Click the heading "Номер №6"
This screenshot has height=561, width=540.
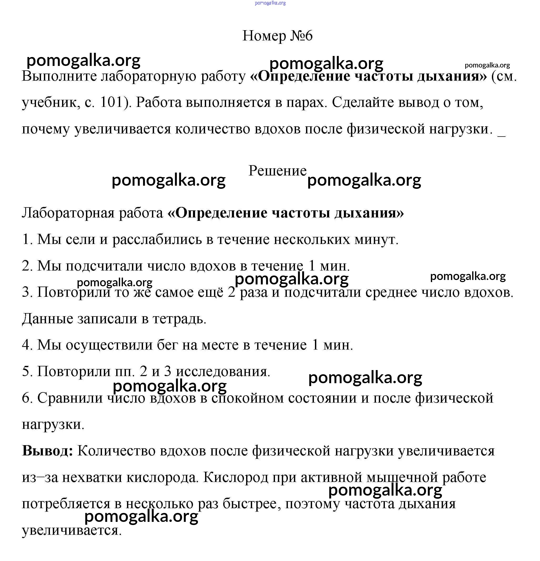point(277,36)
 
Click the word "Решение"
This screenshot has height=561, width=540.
point(277,171)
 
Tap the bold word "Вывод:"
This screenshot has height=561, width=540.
point(48,451)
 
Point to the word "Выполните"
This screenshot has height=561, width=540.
point(59,76)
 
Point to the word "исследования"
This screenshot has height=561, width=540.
point(223,372)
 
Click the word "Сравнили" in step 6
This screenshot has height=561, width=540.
point(70,398)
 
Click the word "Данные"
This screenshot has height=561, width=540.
point(47,319)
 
